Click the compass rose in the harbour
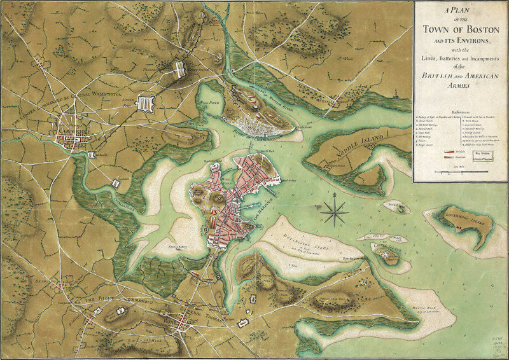click(334, 212)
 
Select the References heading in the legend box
click(461, 108)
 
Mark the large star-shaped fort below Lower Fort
click(146, 104)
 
